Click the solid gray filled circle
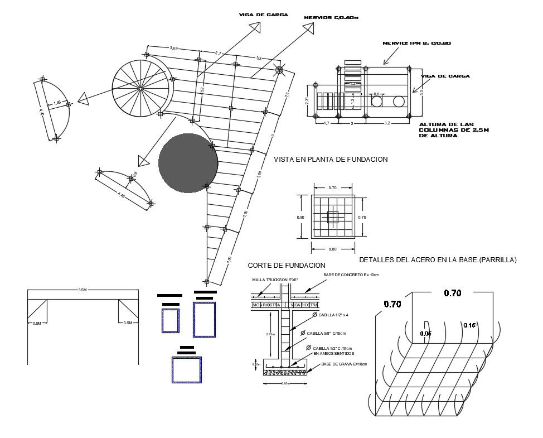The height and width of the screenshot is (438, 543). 188,163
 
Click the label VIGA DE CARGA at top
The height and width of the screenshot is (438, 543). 263,15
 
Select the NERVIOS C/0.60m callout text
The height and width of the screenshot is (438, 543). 331,18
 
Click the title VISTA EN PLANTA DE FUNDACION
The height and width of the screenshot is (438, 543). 331,160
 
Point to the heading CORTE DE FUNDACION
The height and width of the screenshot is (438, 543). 286,265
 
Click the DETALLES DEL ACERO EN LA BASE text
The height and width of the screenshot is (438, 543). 438,260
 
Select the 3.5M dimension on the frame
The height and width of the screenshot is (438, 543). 82,290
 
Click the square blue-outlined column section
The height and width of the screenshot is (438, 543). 186,370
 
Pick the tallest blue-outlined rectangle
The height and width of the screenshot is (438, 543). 204,319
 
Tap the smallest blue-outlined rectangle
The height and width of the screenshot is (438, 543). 171,321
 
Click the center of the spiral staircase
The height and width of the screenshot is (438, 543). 140,88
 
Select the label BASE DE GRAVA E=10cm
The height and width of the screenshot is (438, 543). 344,364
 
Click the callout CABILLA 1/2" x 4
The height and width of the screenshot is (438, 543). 333,315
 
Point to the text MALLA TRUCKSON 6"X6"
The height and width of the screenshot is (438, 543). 275,280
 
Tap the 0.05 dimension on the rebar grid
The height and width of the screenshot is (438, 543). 426,333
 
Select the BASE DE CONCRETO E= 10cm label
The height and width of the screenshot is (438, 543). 351,275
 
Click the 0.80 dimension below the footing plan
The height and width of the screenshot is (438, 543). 333,249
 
